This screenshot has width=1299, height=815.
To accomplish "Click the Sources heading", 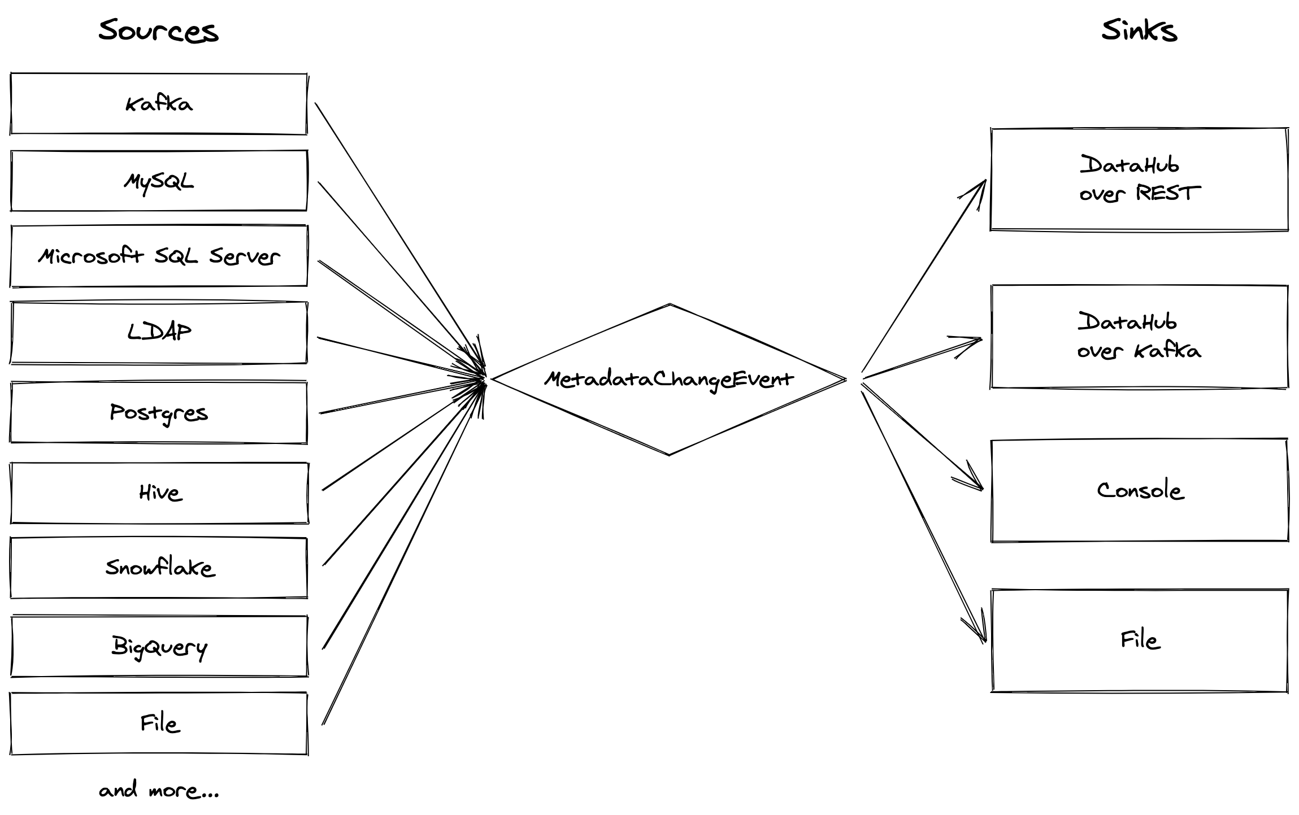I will (x=158, y=30).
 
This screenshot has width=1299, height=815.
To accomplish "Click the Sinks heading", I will (x=1139, y=30).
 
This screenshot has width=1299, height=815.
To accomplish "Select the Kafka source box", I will (x=159, y=104).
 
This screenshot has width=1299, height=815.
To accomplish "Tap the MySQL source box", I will (x=159, y=181).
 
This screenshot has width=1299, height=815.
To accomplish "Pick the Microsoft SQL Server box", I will (x=159, y=256).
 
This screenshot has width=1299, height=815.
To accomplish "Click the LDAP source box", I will (x=159, y=333).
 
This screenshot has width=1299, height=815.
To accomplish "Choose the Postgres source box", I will (x=159, y=412).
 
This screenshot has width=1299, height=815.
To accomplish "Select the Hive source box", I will (x=160, y=493).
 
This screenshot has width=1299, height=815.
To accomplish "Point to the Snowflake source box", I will (x=159, y=568).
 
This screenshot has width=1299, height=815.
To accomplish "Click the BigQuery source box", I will (x=159, y=646).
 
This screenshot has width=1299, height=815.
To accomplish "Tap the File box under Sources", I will (x=159, y=724).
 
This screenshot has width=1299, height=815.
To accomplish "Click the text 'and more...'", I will (x=159, y=790).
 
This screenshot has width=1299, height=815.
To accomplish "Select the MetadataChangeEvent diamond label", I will (x=669, y=379).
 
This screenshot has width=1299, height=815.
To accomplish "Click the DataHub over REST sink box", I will (x=1139, y=180).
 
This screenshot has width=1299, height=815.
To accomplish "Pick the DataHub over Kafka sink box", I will (x=1139, y=337).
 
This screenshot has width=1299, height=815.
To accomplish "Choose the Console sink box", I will (x=1140, y=490).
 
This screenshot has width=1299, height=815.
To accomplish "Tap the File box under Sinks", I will (x=1140, y=640).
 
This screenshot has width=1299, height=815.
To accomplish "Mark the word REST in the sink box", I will (x=1167, y=193).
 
